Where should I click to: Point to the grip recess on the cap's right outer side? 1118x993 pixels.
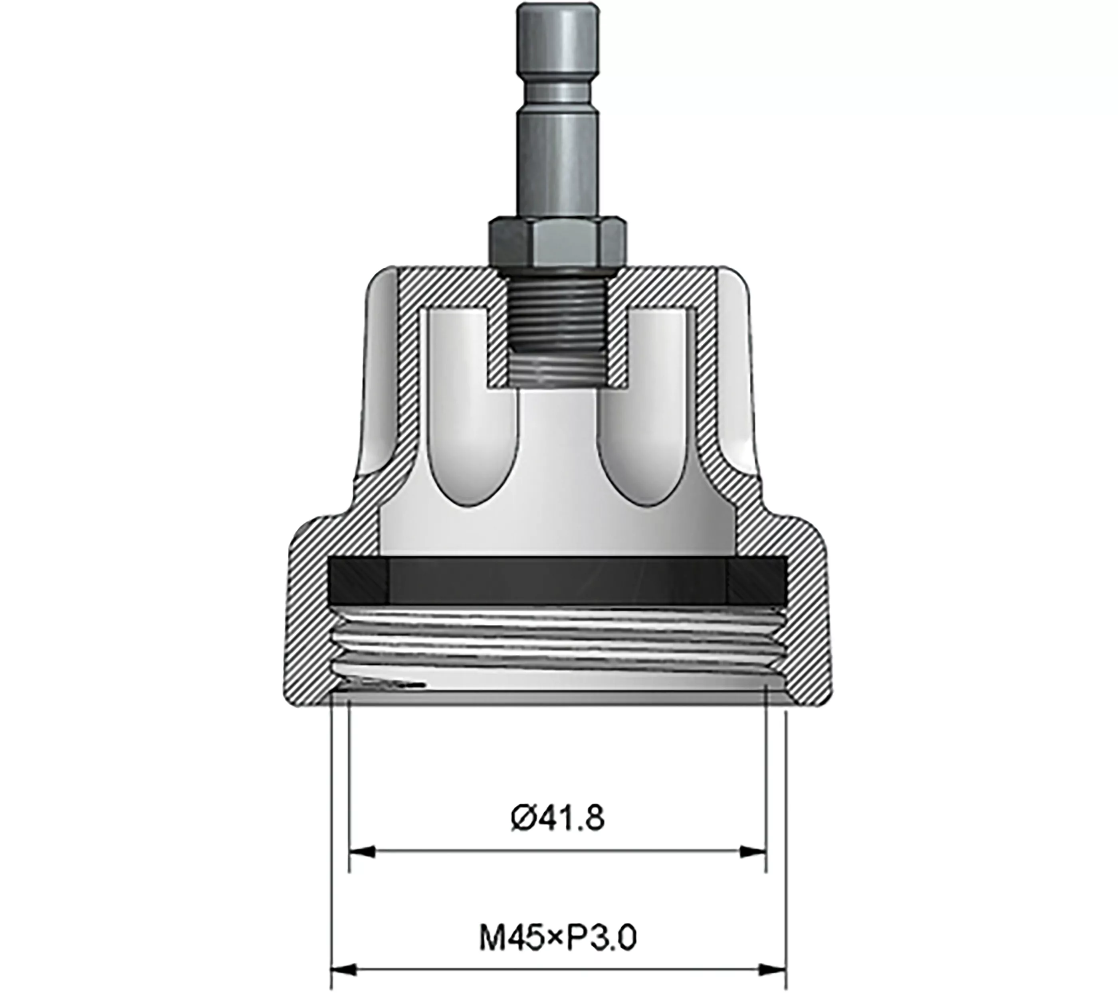[x=735, y=371]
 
